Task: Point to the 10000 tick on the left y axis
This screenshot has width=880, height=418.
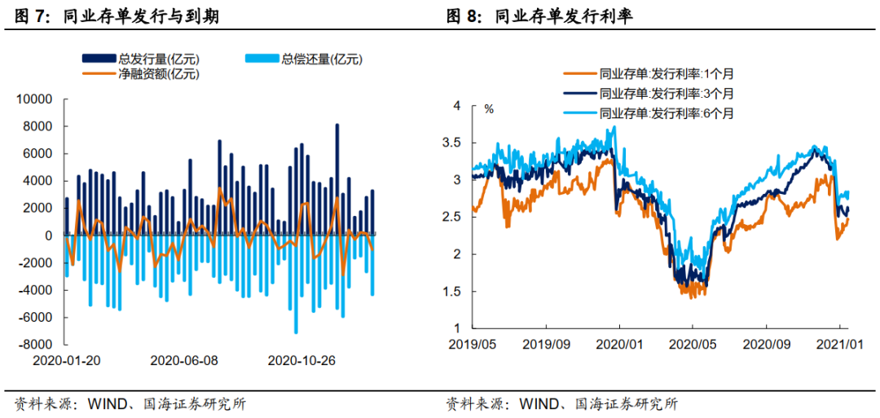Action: (x=36, y=99)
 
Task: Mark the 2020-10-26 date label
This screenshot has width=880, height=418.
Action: (x=301, y=359)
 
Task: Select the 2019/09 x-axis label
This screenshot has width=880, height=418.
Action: (x=547, y=343)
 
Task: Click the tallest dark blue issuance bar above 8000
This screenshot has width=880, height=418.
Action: (x=337, y=179)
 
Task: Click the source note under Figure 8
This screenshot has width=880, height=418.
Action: (x=561, y=403)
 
